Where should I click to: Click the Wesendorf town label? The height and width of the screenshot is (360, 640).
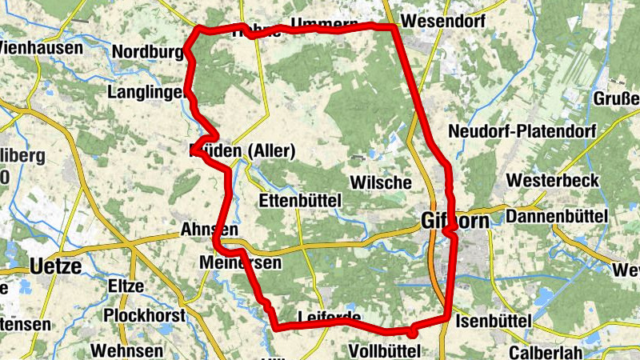445,20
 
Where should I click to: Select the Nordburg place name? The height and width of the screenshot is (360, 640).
149,52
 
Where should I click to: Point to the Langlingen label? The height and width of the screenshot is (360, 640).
146,93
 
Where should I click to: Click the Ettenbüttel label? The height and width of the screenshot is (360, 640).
302,198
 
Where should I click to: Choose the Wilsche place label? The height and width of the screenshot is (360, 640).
381,182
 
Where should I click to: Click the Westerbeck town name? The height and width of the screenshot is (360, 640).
553,181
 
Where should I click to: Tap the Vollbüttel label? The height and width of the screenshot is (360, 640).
386,350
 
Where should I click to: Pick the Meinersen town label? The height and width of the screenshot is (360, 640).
241,263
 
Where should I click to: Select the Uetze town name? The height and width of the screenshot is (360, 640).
55,266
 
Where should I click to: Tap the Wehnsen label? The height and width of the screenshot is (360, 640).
127,350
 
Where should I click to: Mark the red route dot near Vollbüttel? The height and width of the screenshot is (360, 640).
413,330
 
